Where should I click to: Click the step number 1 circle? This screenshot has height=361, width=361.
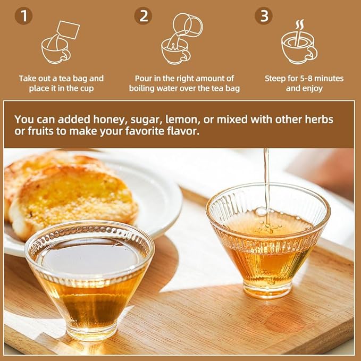[23, 15]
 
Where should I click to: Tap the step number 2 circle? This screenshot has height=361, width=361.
[143, 15]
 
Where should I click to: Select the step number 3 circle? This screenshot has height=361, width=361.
[263, 15]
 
